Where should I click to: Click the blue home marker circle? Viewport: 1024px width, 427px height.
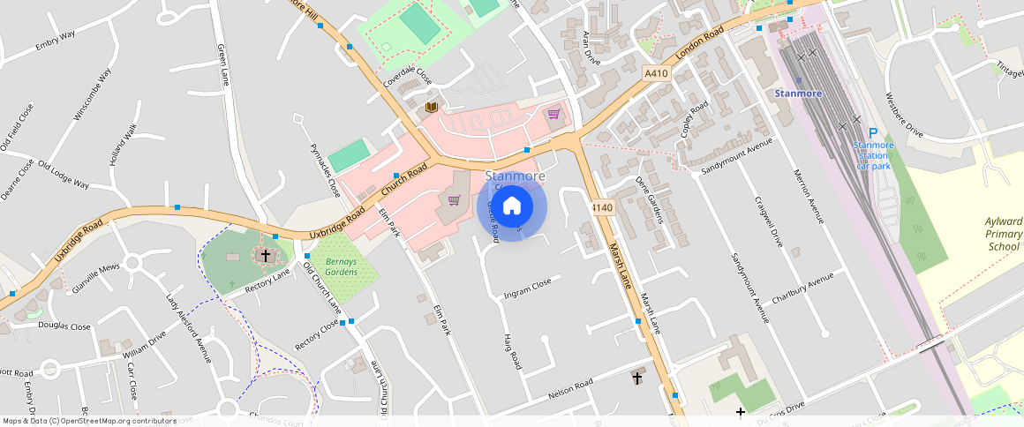point(512,207)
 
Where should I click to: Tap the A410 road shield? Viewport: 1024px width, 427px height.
point(656,74)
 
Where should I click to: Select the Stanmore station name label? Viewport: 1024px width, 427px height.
point(798,94)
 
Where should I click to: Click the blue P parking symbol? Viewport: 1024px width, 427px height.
point(873,132)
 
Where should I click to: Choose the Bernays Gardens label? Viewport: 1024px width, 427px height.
point(342,266)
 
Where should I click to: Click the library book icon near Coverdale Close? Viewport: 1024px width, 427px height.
point(431,108)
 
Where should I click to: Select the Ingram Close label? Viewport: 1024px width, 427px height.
point(527,288)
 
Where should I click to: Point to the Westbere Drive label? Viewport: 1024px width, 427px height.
point(903,116)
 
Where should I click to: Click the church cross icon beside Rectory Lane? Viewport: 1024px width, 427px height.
point(265,255)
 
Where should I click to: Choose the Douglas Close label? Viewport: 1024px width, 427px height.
point(64,326)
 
